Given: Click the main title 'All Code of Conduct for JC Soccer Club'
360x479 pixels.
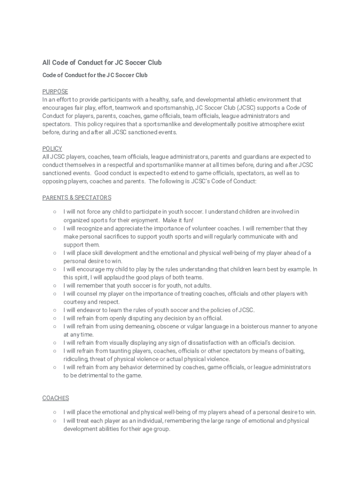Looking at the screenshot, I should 102,63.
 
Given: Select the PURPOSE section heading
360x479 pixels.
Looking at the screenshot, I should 55,91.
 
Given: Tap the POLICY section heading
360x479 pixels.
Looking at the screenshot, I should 52,149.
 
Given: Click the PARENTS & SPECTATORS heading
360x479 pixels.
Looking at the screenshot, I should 77,198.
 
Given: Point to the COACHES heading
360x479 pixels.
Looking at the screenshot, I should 56,398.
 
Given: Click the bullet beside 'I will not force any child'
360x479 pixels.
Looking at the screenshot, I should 55,212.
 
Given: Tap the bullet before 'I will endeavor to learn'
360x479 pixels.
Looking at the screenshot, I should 55,310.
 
